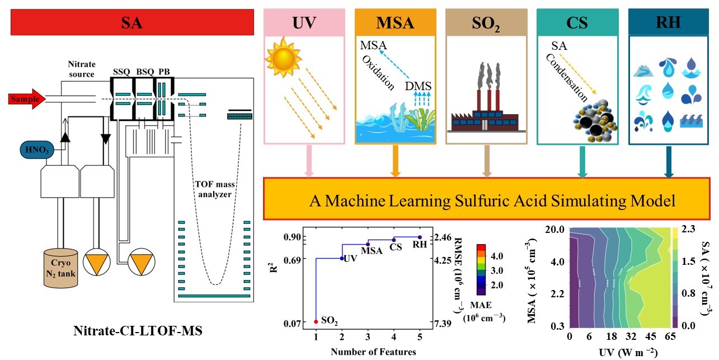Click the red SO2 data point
point(316,321)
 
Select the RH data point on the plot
point(420,237)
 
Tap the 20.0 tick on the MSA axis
point(556,230)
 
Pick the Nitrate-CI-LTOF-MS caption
point(138,331)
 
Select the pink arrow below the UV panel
point(307,167)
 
